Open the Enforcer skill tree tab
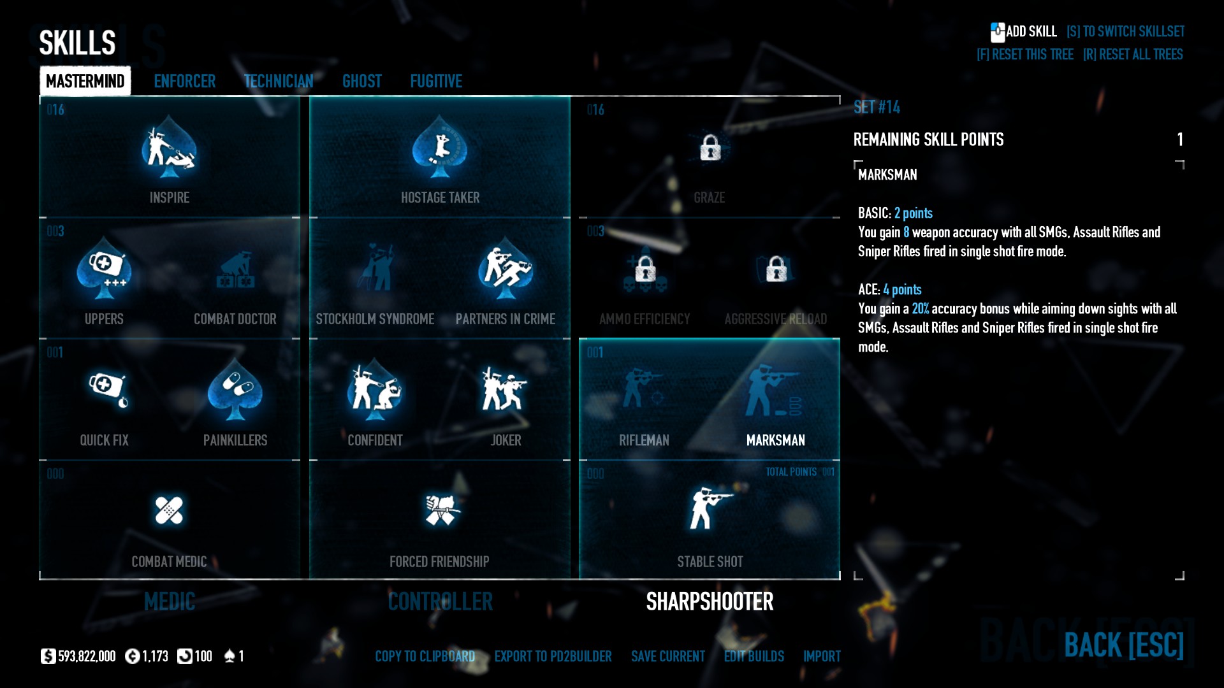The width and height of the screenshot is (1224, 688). tap(184, 82)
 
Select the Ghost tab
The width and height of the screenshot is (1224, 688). tap(361, 82)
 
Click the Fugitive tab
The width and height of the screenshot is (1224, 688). tap(436, 82)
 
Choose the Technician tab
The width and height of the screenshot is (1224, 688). tap(279, 82)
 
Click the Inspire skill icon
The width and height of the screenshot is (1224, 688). tap(169, 148)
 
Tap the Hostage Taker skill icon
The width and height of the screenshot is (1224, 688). tap(440, 148)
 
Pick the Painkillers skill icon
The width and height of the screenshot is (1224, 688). tap(235, 391)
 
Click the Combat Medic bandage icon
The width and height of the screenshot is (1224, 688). tap(169, 510)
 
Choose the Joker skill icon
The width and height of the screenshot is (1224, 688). tap(505, 389)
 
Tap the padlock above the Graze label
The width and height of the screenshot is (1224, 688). tap(710, 148)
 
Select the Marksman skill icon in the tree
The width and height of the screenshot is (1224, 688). tap(775, 391)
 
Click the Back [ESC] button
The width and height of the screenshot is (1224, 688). tap(1123, 645)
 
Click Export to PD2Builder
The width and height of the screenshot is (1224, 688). tap(553, 656)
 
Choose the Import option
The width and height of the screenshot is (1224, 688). tap(822, 656)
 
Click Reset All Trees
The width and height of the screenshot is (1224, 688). tap(1133, 55)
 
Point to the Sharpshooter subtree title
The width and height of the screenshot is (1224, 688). tap(710, 601)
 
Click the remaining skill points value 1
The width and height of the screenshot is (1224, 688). tap(1179, 140)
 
